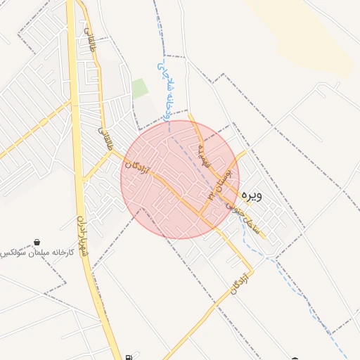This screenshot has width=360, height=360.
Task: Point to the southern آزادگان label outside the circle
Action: (240, 281)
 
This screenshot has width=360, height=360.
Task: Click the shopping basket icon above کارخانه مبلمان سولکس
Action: (37, 242)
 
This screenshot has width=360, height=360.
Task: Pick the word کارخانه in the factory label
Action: (62, 252)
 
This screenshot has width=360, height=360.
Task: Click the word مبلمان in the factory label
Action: (35, 252)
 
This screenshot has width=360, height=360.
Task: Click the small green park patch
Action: (140, 88)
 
